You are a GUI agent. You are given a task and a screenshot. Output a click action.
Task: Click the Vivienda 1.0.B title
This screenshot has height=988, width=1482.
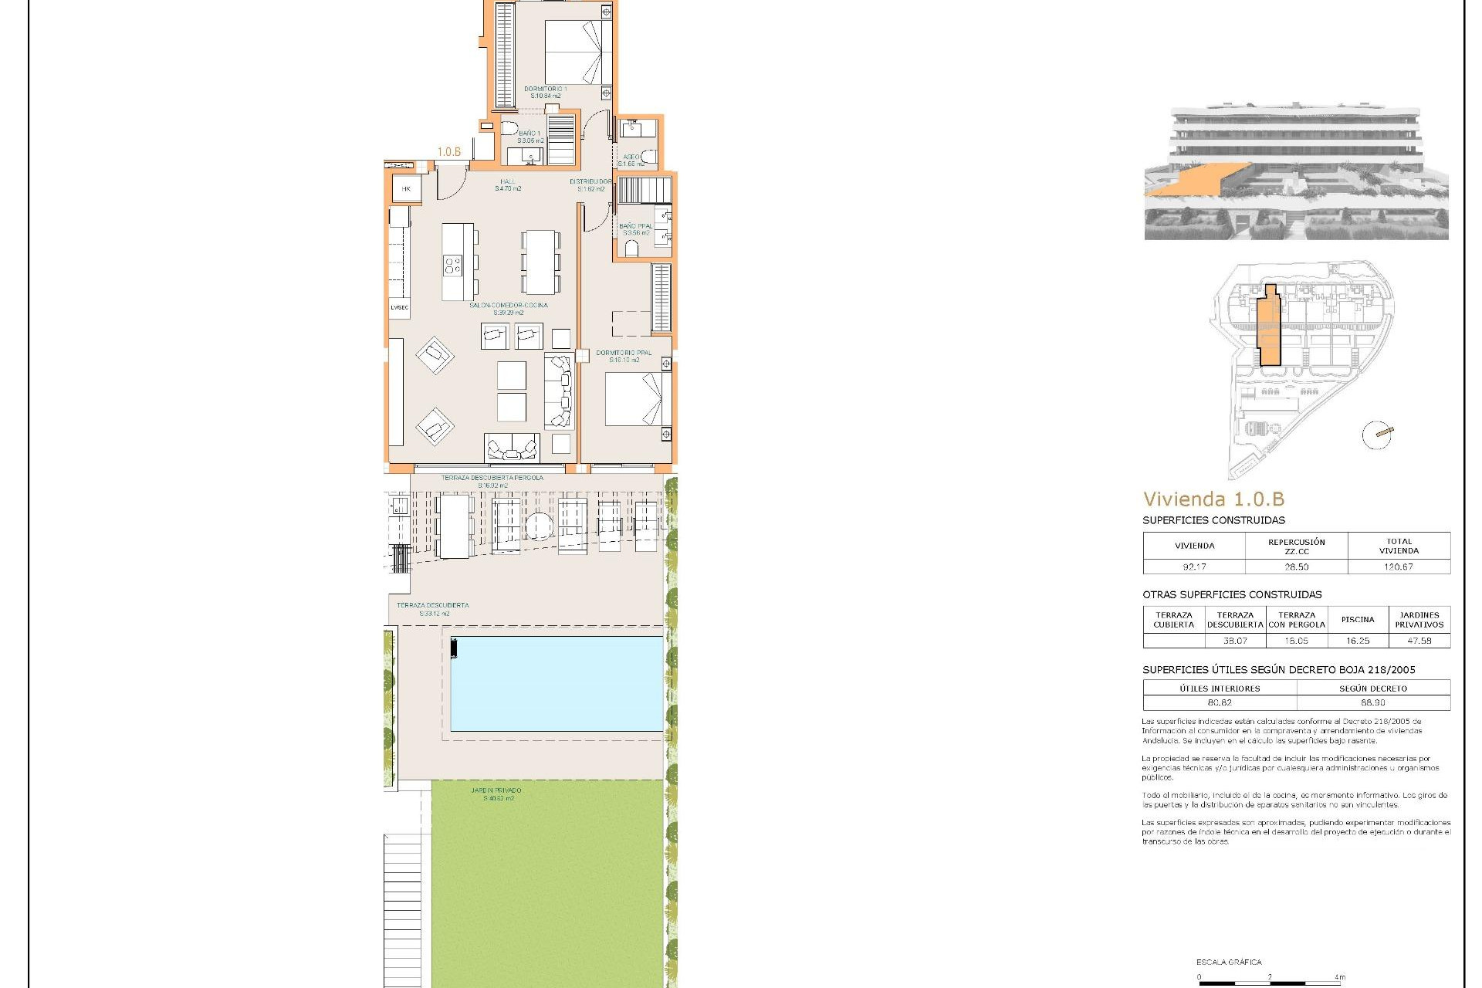[1213, 499]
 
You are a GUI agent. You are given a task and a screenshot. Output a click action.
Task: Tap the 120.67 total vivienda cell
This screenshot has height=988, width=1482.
[1398, 567]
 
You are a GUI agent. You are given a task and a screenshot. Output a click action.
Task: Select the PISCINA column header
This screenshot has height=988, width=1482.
[1357, 619]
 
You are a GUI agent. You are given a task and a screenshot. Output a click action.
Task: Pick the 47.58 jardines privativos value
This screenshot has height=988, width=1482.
[1419, 641]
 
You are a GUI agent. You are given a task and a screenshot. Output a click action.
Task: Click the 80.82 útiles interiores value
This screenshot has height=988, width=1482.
[1220, 702]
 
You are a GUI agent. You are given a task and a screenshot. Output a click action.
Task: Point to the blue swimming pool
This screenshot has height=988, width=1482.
[557, 683]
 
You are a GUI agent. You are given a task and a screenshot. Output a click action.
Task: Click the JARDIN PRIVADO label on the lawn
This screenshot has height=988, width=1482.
[496, 790]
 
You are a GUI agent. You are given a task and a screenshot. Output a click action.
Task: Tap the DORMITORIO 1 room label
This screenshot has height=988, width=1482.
[545, 90]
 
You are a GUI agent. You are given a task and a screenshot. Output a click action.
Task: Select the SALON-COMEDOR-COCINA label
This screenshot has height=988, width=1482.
[509, 306]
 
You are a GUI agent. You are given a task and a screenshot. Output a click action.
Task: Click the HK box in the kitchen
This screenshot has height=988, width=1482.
[406, 189]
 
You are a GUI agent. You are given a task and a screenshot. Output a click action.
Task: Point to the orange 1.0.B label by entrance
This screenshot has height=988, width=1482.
[449, 152]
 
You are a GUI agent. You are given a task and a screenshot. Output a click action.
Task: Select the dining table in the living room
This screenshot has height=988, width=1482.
[540, 262]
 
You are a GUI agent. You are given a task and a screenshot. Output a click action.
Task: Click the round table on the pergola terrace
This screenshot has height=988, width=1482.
[539, 526]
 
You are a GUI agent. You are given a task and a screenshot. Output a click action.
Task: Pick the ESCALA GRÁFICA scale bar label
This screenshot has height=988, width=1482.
[1229, 962]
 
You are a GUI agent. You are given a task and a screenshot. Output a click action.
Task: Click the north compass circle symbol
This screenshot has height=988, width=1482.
[1376, 435]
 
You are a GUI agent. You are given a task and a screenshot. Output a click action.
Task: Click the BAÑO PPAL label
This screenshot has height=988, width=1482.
[635, 226]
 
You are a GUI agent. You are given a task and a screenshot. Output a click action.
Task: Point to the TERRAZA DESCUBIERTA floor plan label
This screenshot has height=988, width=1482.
[432, 605]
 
